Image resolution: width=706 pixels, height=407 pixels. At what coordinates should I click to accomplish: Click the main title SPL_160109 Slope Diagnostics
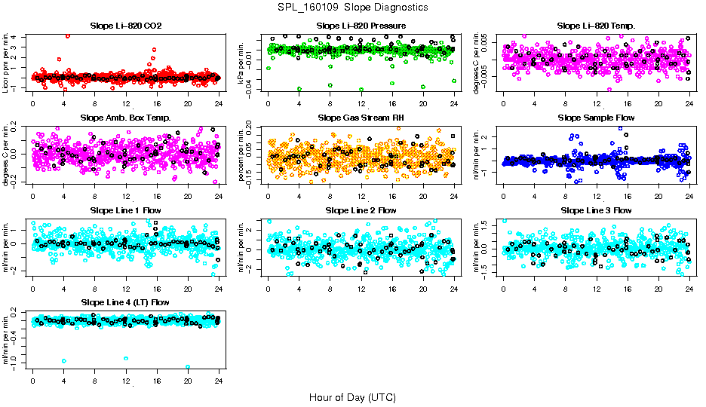point(352,7)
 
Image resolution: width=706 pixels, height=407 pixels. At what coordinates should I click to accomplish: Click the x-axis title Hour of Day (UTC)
point(352,396)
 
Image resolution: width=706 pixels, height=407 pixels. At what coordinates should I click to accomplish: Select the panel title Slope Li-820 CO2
point(125,26)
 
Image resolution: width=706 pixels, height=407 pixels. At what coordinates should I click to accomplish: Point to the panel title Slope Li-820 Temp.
point(596,26)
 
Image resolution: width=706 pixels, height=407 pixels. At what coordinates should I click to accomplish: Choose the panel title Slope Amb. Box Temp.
point(125,118)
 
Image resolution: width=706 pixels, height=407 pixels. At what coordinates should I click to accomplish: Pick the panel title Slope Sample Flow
point(596,118)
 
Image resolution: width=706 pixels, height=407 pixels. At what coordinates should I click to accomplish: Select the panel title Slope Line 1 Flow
point(125,210)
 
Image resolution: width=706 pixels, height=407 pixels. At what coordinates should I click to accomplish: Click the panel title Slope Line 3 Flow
point(596,210)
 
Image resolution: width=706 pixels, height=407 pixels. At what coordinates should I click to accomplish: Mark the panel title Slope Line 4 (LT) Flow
point(125,302)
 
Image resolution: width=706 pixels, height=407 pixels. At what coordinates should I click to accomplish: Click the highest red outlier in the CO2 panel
point(68,35)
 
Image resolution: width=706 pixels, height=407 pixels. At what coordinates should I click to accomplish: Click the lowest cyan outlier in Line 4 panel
point(188,367)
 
